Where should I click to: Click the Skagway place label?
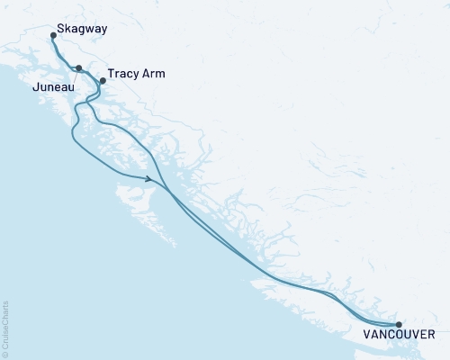(82, 29)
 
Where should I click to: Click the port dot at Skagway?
(53, 36)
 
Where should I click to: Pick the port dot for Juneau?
(79, 68)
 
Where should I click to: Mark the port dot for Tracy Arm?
(102, 81)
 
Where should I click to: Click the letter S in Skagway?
(60, 29)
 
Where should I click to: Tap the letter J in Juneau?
(34, 88)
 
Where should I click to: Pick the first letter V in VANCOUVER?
(367, 335)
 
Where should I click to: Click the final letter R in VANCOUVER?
(433, 335)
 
